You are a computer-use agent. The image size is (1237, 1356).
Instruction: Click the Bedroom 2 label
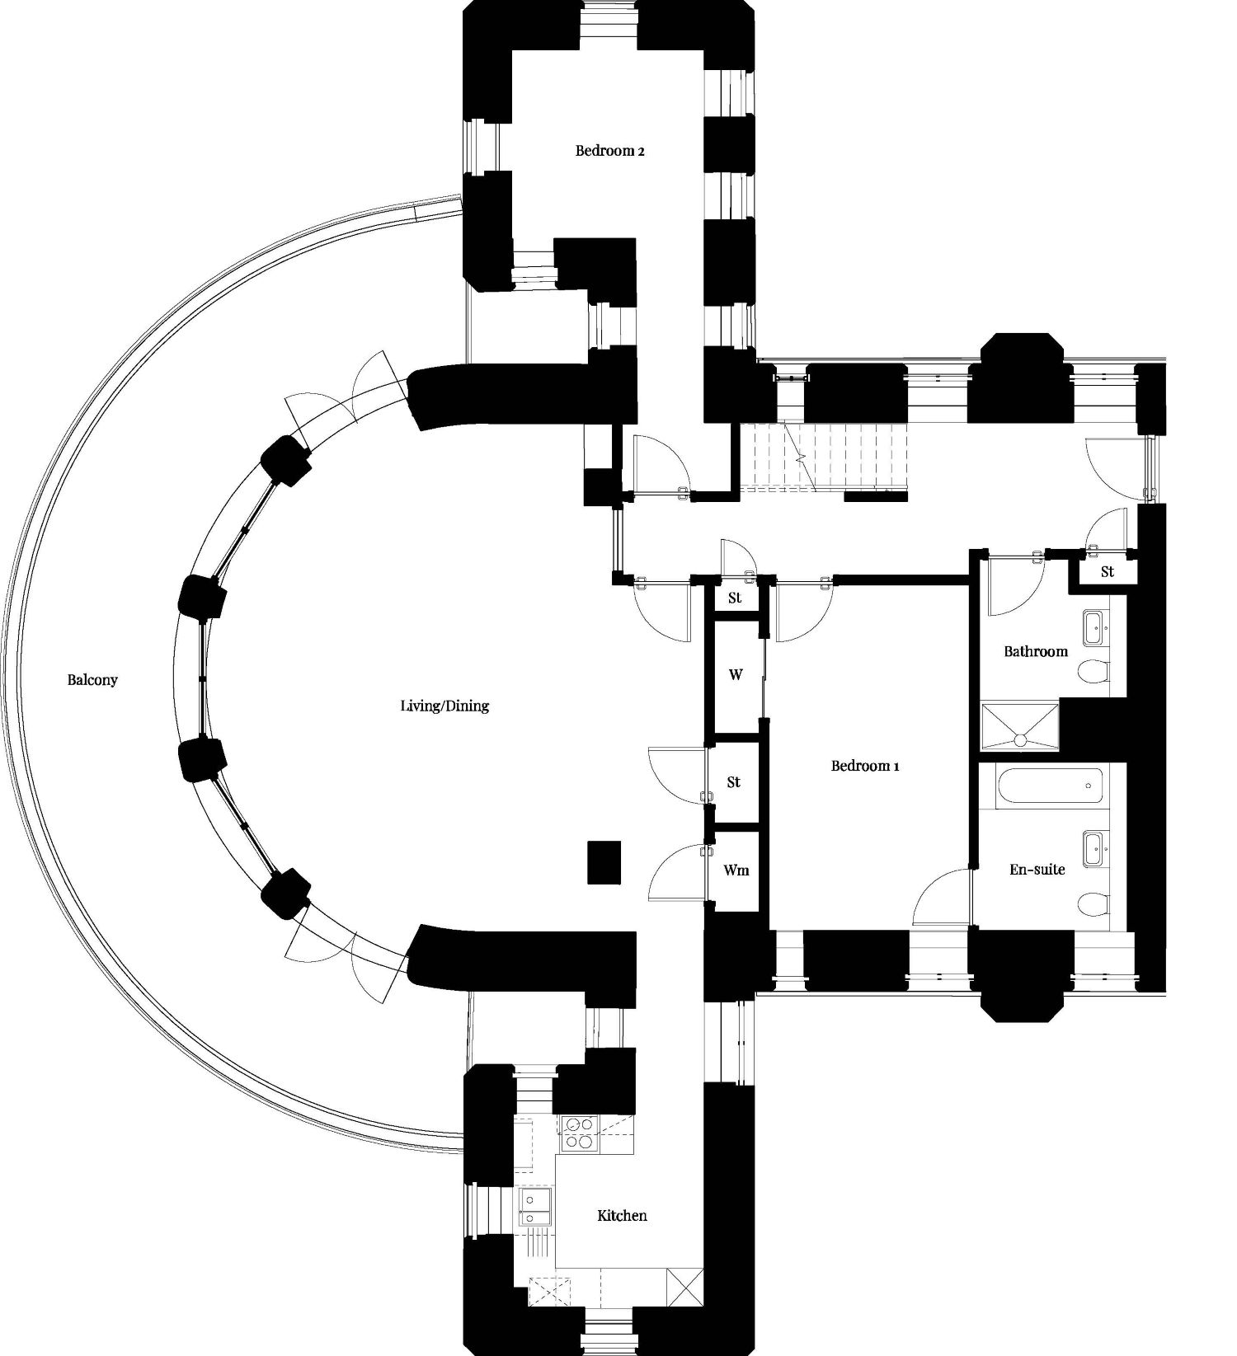pos(609,151)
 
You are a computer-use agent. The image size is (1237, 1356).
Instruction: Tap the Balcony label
pos(92,680)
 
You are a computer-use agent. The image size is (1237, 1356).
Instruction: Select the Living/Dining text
pos(444,706)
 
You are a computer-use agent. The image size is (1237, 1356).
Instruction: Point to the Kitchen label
pos(622,1215)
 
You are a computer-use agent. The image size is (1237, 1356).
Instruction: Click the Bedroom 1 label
pos(865,766)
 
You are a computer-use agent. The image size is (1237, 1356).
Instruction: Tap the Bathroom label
pos(1036,651)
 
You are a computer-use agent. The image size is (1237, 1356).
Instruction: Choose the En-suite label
pos(1037,869)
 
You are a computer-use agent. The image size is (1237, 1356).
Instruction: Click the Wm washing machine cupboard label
pos(736,870)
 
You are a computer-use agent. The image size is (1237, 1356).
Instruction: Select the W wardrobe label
pos(736,674)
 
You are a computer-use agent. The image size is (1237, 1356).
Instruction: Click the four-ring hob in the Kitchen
pos(578,1133)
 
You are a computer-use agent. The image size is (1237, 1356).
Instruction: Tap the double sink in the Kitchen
pos(537,1208)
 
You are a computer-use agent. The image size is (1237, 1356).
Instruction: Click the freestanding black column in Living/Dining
pos(604,862)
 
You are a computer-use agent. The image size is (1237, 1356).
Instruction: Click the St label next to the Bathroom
pos(1107,571)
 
